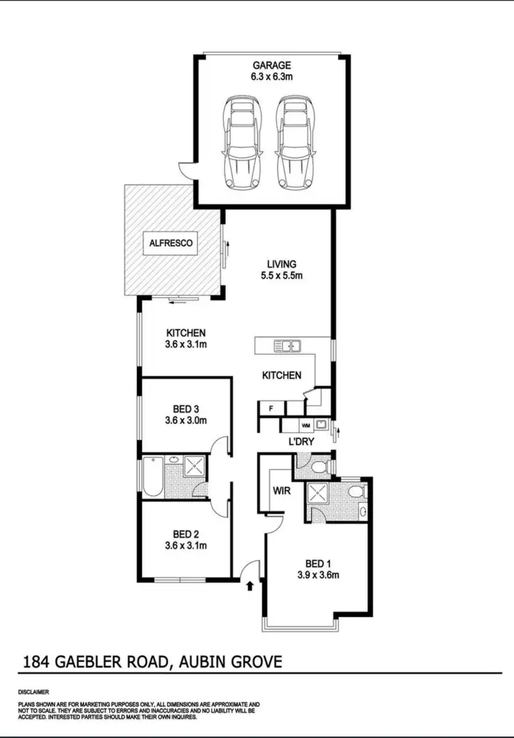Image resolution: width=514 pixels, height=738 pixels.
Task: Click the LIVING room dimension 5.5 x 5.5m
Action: coord(282,276)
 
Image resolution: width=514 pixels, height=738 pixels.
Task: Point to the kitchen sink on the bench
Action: coord(289,345)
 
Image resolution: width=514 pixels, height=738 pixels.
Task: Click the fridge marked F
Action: coord(271,409)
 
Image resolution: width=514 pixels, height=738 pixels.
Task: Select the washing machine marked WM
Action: coord(306,426)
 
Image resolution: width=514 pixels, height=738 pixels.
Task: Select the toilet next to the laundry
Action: coord(317,466)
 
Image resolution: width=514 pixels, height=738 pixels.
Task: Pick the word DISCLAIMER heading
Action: coord(32,692)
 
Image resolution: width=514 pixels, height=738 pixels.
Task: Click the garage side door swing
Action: coord(185,168)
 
